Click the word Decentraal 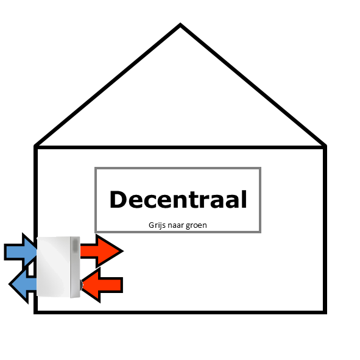coord(178,199)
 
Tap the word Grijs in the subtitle coord(157,225)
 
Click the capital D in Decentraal coord(118,199)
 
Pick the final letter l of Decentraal coord(245,199)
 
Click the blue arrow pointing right coord(21,252)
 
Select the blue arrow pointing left coord(23,284)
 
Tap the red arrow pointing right coord(102,251)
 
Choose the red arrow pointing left coord(102,285)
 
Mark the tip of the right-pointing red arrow coord(123,251)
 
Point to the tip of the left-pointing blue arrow coord(9,284)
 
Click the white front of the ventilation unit coord(53,266)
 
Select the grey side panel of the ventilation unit coord(75,267)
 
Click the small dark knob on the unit coord(81,285)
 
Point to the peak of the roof coord(180,24)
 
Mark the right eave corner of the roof coord(326,146)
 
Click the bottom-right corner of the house coord(325,312)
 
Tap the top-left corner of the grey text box coord(96,168)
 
